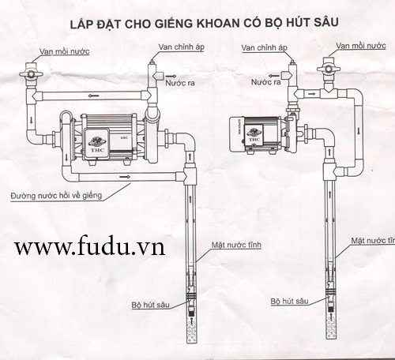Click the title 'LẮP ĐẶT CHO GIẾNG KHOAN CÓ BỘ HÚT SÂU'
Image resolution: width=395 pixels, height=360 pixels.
pyautogui.click(x=204, y=23)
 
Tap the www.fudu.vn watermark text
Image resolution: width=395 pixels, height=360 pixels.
pyautogui.click(x=89, y=246)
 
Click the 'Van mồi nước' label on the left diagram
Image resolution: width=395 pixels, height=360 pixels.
pyautogui.click(x=65, y=51)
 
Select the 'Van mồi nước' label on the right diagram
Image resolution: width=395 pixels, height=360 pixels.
pyautogui.click(x=361, y=46)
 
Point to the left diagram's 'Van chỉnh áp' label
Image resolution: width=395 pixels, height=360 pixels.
pyautogui.click(x=181, y=47)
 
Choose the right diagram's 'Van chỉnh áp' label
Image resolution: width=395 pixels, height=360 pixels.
pyautogui.click(x=264, y=48)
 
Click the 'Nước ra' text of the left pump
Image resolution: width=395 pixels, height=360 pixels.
pyautogui.click(x=180, y=83)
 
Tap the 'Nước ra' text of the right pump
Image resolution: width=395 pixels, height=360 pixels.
pyautogui.click(x=265, y=82)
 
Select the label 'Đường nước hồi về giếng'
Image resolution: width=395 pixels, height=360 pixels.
pyautogui.click(x=56, y=196)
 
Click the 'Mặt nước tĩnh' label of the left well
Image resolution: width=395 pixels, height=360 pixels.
pyautogui.click(x=236, y=245)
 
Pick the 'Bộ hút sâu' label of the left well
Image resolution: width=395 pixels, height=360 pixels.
pyautogui.click(x=150, y=305)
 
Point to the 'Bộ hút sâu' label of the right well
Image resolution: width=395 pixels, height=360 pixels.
pyautogui.click(x=289, y=302)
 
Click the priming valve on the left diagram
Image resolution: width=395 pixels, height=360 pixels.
pyautogui.click(x=32, y=73)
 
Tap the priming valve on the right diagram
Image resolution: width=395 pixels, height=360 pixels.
pyautogui.click(x=329, y=68)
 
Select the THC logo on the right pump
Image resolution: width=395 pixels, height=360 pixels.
pyautogui.click(x=254, y=134)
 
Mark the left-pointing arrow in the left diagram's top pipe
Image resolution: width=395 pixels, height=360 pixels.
pyautogui.click(x=93, y=96)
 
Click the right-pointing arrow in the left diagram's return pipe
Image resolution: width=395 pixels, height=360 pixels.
pyautogui.click(x=125, y=177)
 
